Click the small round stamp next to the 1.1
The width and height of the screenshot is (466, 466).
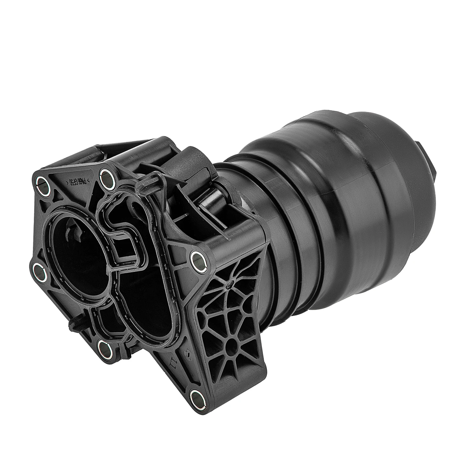[x=187, y=352]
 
